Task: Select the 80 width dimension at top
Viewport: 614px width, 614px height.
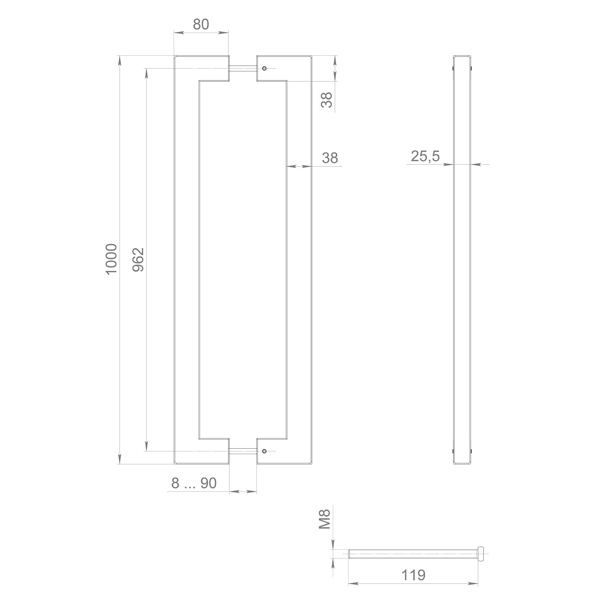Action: [x=201, y=24]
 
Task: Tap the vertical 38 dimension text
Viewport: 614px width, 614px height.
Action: [x=327, y=100]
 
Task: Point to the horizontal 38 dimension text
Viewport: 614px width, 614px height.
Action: [x=330, y=158]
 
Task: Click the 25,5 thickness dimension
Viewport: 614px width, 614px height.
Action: [x=425, y=156]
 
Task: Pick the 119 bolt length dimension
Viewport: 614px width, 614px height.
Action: [x=413, y=584]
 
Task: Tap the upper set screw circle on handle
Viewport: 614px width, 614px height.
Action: [x=264, y=68]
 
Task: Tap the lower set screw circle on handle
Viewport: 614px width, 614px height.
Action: [x=264, y=451]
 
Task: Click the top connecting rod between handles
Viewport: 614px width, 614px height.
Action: [x=243, y=68]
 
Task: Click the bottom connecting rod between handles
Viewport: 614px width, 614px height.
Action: [x=243, y=451]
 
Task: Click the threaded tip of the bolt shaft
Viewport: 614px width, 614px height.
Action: [x=351, y=554]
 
